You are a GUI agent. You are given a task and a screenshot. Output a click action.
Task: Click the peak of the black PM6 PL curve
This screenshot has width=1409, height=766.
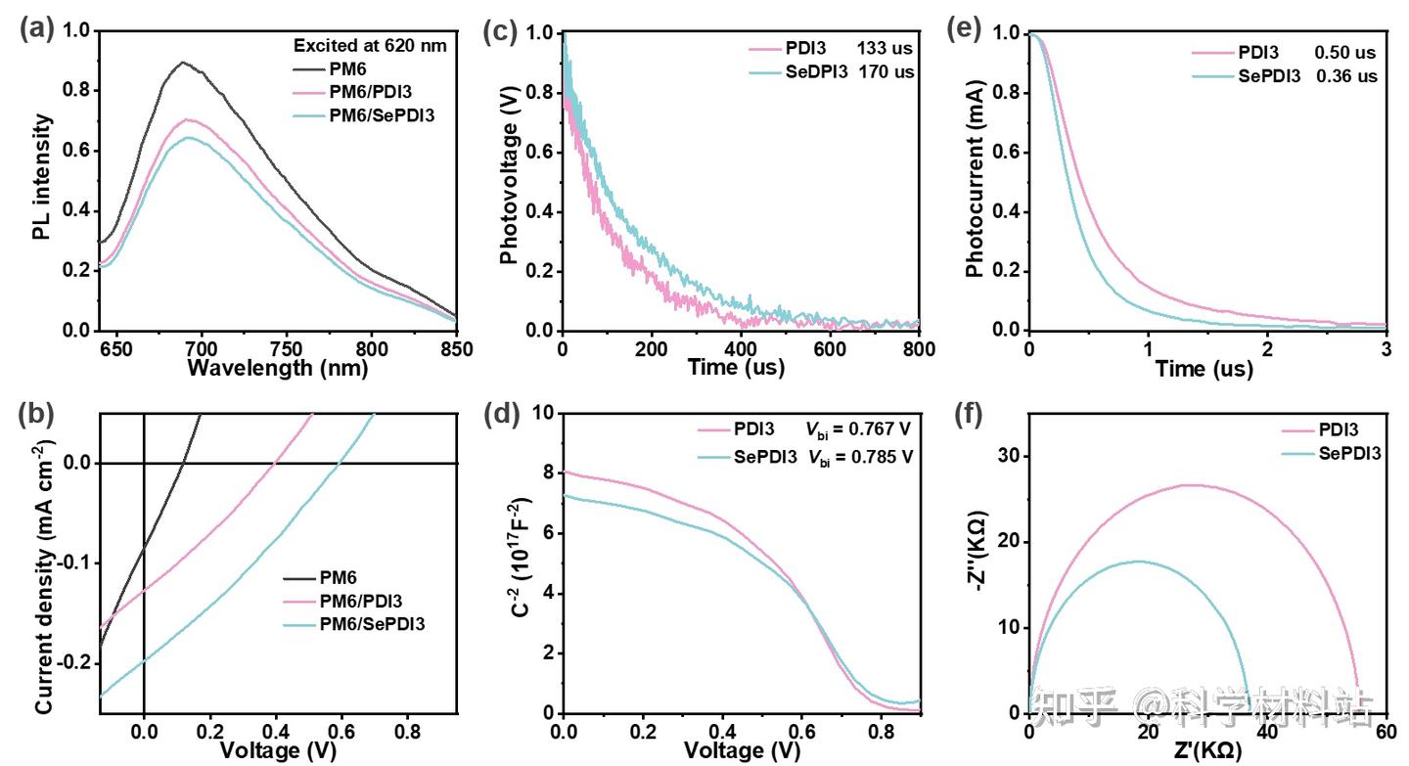182,63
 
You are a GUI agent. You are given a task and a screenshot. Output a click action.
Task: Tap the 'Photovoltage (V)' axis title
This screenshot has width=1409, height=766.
509,181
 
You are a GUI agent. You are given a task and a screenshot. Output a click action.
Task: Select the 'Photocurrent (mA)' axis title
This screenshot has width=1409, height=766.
975,181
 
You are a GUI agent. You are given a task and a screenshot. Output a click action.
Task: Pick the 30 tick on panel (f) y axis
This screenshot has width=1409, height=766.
1012,456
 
